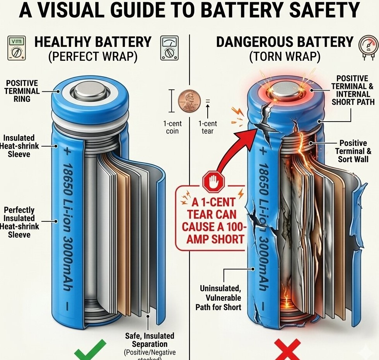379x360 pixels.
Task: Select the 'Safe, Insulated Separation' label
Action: (149, 340)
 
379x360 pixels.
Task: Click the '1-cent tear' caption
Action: (208, 127)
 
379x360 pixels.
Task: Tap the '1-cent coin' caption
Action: (172, 127)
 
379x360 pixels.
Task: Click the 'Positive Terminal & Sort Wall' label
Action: (353, 151)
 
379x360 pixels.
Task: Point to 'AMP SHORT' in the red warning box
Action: (215, 238)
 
